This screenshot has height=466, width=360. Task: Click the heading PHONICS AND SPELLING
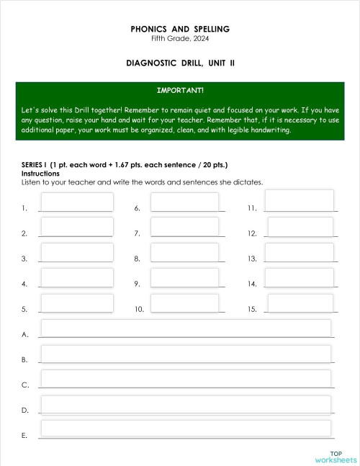(x=180, y=29)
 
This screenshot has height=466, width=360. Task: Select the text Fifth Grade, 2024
(x=180, y=38)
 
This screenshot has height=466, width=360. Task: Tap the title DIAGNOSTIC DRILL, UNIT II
(x=180, y=63)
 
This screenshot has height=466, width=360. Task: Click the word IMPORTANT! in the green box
(x=180, y=91)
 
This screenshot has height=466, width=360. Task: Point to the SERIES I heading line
(x=125, y=165)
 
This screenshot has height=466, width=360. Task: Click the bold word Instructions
(x=40, y=174)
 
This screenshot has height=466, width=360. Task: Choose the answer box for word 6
(x=185, y=202)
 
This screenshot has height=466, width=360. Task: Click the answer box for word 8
(x=185, y=252)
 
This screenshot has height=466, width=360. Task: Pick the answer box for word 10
(x=185, y=303)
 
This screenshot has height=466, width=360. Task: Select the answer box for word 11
(x=300, y=200)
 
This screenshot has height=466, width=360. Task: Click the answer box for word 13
(x=300, y=252)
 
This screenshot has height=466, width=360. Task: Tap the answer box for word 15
(x=300, y=303)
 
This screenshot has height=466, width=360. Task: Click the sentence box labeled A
(x=186, y=328)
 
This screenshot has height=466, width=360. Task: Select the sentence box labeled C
(x=186, y=378)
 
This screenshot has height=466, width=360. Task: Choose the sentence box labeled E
(x=186, y=428)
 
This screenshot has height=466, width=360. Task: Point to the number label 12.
(x=252, y=233)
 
